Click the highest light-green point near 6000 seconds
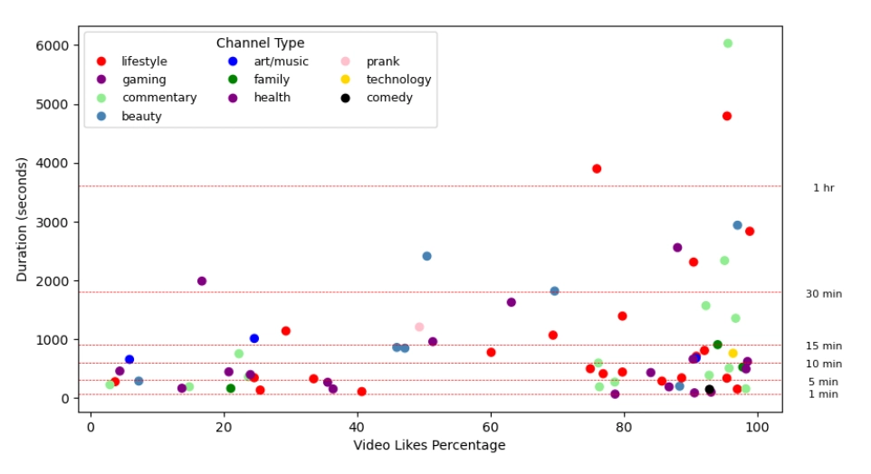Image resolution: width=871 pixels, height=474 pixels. coord(728,43)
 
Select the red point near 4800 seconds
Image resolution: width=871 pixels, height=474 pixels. coord(727,116)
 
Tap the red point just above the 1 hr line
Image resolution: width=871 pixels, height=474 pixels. coord(597,169)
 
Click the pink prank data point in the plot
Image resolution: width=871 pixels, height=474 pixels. coord(419,327)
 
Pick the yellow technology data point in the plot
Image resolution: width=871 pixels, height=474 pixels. coord(733,354)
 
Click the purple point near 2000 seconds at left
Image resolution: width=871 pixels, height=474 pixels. coord(202,281)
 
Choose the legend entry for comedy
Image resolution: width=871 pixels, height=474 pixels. coord(388,98)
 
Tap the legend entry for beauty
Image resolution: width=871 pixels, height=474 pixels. coord(142,116)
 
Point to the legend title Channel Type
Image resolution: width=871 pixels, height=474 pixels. coord(260,43)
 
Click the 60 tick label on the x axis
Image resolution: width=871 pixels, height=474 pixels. coord(491,426)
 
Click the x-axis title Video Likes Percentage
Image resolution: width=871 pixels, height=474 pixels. coord(430,445)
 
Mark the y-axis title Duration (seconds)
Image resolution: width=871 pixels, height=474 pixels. coord(22,219)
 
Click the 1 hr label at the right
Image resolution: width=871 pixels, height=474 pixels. coord(823,188)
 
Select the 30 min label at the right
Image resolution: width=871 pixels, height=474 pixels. coord(823,294)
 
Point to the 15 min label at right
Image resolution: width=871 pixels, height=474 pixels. coord(823,346)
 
